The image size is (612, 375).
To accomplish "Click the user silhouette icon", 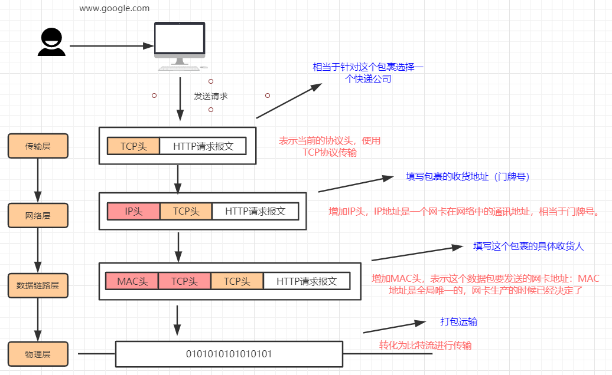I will point(51,42).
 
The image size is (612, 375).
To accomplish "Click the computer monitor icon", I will point(180,42).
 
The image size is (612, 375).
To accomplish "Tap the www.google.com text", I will point(115,8).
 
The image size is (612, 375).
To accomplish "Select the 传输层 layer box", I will point(38,146).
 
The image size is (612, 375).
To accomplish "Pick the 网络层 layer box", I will point(38,215).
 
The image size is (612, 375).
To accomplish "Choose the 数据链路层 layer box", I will point(38,285).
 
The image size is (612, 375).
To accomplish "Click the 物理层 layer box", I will point(38,354).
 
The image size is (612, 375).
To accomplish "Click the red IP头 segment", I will point(134,211).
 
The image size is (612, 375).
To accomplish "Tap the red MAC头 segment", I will point(132,281).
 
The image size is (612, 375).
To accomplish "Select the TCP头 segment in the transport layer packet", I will point(134,146).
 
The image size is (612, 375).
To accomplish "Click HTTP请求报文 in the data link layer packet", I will point(307,281).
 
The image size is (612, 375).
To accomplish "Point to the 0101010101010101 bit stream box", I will point(229,354).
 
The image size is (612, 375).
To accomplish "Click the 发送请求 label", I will point(211,96).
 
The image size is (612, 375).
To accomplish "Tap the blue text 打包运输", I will point(459,322).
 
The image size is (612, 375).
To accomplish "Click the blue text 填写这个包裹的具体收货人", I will point(528,246).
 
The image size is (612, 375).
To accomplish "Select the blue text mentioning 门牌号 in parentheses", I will point(467,176).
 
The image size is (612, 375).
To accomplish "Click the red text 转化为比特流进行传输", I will point(425,346).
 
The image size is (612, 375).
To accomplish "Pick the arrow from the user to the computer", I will point(110,45).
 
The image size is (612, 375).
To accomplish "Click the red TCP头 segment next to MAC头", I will point(184,281).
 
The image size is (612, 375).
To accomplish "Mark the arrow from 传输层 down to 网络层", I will point(38,180).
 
